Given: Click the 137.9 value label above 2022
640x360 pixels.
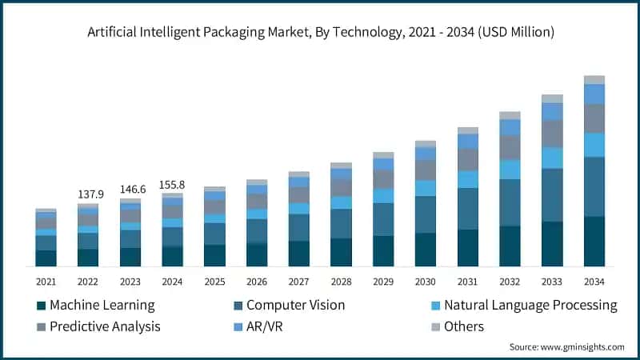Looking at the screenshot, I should point(88,194).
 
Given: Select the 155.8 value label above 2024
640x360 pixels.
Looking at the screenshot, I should point(173,184).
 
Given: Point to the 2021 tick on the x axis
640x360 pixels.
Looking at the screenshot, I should point(46,282).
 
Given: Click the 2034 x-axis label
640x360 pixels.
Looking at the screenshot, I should point(594,282).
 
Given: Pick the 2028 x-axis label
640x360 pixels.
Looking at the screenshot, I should point(341,282).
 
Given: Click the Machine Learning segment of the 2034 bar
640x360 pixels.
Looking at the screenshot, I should point(594,241).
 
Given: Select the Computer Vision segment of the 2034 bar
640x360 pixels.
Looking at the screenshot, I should point(594,186).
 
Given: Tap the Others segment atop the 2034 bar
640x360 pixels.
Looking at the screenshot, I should point(594,80).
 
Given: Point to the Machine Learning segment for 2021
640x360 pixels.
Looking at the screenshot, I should point(46,258).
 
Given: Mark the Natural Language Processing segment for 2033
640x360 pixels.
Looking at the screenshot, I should point(552,158).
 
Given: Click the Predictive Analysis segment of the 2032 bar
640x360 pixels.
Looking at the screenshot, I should point(510,147).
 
